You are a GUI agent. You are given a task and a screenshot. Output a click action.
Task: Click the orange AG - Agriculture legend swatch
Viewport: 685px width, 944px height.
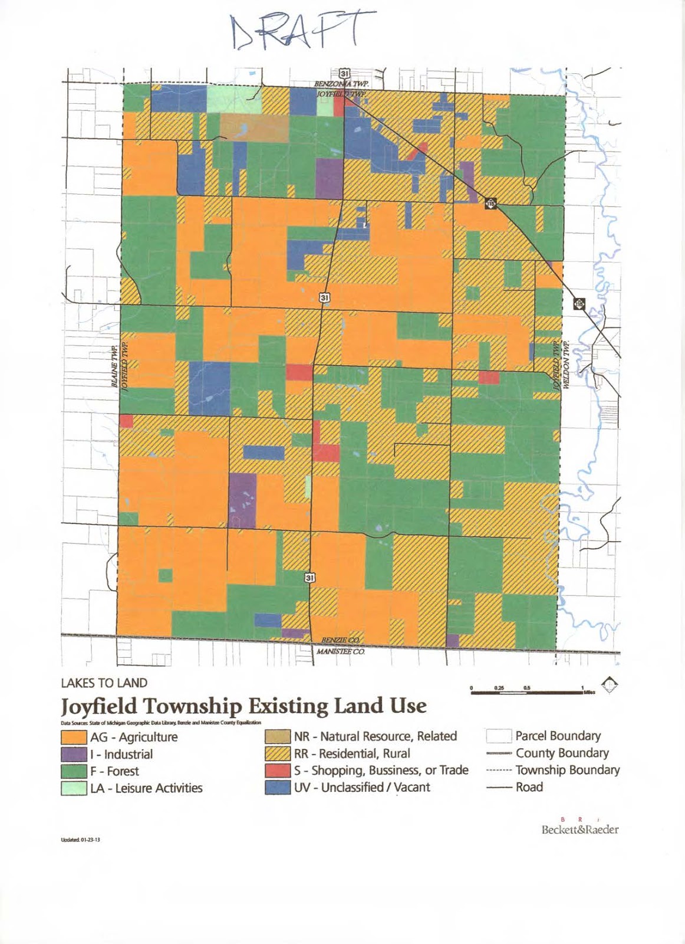74,737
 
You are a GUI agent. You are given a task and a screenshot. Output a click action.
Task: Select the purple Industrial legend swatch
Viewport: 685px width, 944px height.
74,754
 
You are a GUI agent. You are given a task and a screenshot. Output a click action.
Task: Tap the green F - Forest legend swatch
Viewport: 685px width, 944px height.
74,771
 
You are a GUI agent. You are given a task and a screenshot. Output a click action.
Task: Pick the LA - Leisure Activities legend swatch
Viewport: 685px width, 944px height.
74,788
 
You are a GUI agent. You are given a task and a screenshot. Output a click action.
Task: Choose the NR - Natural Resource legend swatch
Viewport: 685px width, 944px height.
278,736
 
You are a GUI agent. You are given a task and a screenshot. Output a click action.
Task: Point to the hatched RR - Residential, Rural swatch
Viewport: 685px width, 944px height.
278,753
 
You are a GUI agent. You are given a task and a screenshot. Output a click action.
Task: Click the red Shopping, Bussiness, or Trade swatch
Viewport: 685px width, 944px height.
278,771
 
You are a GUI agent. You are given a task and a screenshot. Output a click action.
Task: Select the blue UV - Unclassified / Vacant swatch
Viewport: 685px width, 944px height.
278,788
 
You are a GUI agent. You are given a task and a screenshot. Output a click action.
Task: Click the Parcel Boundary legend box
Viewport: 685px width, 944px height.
498,736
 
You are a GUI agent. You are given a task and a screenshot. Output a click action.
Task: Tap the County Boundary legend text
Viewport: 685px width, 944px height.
562,753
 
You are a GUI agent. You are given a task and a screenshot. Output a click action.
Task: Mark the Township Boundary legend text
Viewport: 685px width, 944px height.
567,770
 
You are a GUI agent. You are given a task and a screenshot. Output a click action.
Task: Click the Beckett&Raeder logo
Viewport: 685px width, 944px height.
579,829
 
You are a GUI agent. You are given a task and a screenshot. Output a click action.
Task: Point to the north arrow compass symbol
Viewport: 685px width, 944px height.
612,686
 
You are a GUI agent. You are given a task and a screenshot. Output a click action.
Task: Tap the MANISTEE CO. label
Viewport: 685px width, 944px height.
341,652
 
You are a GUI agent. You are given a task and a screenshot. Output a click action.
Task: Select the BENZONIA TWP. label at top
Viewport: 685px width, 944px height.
341,85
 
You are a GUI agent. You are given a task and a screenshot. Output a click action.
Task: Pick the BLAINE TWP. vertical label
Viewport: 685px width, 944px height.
114,367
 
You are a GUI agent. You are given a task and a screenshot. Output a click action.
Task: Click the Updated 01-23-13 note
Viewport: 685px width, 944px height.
80,840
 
